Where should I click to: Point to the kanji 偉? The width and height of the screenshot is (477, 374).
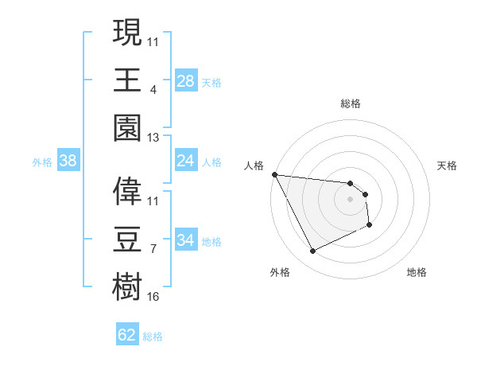127,190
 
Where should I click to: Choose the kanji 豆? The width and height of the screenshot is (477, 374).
127,240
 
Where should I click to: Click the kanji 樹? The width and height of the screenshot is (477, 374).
127,287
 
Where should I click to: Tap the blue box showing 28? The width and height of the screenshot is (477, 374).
186,80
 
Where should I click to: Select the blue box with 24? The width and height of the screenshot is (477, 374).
186,161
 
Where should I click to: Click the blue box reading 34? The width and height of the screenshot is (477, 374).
186,240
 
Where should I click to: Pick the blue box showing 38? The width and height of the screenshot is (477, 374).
68,161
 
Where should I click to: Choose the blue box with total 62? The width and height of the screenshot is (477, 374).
127,335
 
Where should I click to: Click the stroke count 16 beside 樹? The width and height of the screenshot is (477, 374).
153,297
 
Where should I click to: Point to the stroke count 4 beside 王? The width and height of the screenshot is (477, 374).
153,89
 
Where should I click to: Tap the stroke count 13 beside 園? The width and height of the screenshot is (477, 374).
153,138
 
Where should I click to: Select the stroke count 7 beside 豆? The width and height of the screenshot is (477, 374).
153,249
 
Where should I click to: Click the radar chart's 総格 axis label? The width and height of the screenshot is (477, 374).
350,104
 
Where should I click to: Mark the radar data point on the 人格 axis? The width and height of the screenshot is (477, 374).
274,174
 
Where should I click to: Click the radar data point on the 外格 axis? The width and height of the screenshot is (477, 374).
312,251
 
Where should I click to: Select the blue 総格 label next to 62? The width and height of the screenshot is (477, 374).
153,337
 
